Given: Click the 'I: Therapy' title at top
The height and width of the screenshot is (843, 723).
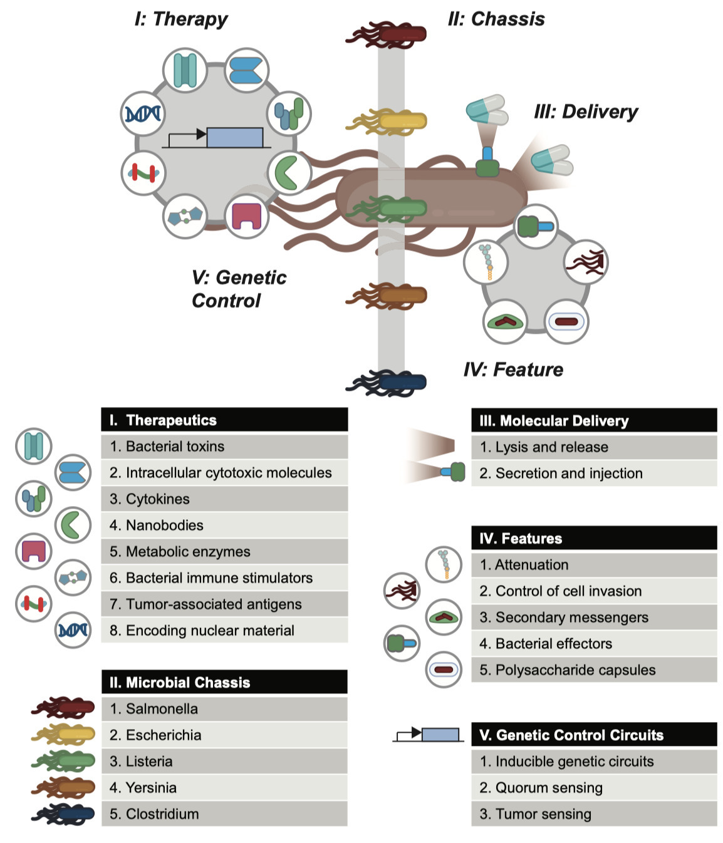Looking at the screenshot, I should [x=181, y=19].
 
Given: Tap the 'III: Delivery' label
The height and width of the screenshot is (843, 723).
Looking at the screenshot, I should [x=585, y=112].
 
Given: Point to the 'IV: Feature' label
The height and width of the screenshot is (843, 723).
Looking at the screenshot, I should [x=512, y=370].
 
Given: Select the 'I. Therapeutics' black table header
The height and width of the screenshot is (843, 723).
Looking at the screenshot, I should [x=224, y=420].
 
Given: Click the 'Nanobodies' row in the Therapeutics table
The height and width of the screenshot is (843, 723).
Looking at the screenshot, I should [x=224, y=525].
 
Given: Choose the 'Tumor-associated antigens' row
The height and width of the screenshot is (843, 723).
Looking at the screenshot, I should [x=224, y=604].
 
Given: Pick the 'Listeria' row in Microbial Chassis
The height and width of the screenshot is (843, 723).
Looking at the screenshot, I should [x=224, y=762].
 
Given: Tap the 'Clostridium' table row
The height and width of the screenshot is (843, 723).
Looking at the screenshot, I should [x=224, y=814].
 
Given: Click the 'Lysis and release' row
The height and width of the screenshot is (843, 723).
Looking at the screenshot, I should [x=594, y=447].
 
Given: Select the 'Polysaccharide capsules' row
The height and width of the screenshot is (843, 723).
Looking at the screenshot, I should [x=594, y=670].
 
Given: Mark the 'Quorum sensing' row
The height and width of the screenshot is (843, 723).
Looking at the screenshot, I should [x=594, y=788].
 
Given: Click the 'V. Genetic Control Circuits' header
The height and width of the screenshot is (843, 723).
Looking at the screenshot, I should [x=594, y=735].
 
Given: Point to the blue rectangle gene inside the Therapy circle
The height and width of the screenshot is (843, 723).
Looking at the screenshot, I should [x=234, y=137].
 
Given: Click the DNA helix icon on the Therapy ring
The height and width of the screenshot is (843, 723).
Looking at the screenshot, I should [x=143, y=114].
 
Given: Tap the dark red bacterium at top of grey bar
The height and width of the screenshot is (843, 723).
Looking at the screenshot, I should [x=388, y=34].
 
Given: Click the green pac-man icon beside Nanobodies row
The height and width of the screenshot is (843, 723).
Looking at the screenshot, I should [x=73, y=525].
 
